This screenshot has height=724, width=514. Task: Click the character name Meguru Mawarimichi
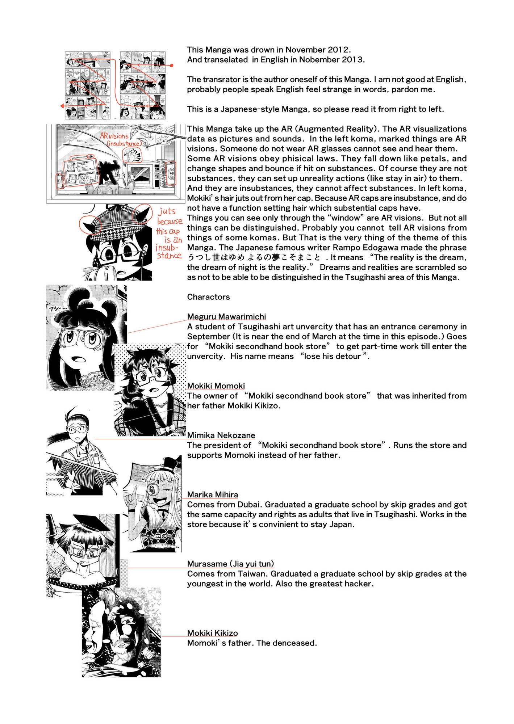point(226,317)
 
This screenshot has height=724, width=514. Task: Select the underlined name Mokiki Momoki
point(216,386)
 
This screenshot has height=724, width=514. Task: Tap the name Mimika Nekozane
point(221,435)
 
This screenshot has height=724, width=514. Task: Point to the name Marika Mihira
point(212,495)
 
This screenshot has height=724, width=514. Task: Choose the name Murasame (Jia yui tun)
point(230,564)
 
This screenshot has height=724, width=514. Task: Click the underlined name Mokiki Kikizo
point(212,633)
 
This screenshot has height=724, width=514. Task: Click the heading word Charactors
point(208,297)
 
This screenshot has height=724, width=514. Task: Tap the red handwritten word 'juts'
point(167,211)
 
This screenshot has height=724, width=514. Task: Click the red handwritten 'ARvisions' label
point(114,136)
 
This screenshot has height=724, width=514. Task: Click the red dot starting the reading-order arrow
point(172,66)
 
